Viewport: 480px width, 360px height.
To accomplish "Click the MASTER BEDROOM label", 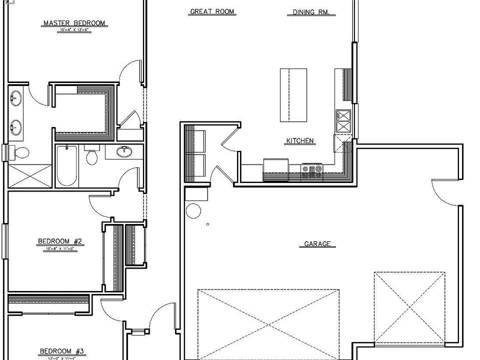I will (x=74, y=23).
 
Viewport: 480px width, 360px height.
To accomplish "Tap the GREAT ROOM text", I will (x=212, y=11).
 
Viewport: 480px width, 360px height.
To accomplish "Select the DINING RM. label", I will (x=311, y=12).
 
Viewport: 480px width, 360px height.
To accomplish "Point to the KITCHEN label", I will (x=300, y=141).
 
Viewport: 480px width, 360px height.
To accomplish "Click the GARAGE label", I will (x=317, y=244).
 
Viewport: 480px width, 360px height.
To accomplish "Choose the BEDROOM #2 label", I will (x=60, y=242).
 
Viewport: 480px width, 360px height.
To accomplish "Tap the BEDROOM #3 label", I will (x=62, y=351).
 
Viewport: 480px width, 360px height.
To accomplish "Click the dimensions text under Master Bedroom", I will (x=74, y=30).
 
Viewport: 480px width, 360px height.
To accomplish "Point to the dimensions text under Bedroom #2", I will (x=59, y=248).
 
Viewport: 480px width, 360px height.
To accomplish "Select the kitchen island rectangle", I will (x=292, y=95).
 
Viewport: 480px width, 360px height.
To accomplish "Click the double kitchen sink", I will (x=344, y=122).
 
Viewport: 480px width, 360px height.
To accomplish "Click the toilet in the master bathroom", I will (x=20, y=151).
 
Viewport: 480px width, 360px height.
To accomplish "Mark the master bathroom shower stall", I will (x=29, y=175).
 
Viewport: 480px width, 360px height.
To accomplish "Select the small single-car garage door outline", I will (x=409, y=308).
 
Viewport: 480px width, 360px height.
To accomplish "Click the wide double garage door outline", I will (x=268, y=323).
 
